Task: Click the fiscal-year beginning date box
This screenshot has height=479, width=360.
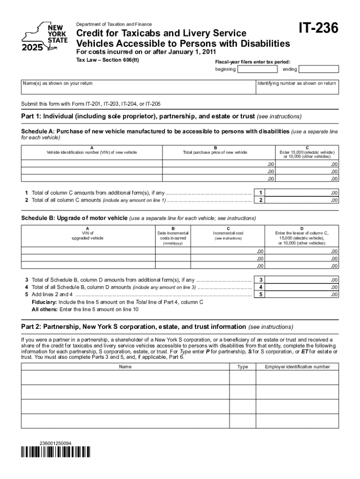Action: coord(257,70)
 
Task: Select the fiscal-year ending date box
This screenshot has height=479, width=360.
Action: coord(318,70)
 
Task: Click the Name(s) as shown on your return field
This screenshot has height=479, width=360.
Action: coord(137,88)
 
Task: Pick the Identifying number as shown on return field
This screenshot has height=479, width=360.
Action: coord(297,88)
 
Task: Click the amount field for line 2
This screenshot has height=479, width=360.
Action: coord(303,200)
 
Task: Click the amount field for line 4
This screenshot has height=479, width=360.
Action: coord(303,287)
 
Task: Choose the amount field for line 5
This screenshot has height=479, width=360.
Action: coord(303,295)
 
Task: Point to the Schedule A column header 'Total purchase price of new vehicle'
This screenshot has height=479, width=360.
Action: coord(215,152)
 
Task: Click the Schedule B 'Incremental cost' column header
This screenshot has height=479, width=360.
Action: coord(228,233)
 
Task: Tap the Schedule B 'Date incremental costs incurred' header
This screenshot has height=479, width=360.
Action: coord(173,235)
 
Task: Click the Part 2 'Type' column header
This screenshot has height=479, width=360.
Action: coord(243,367)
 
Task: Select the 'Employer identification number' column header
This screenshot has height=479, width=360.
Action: coord(297,367)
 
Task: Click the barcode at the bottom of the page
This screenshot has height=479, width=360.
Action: coord(56,452)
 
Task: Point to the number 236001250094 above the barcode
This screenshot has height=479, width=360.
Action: coord(56,443)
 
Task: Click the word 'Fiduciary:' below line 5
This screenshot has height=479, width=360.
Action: coord(44,302)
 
